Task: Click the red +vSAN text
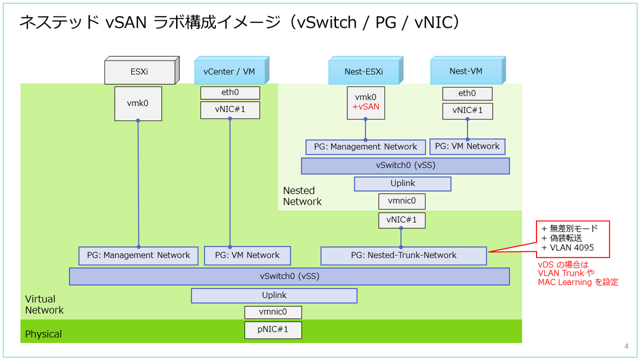[365, 107]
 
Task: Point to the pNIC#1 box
[273, 330]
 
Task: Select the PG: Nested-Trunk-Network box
[403, 255]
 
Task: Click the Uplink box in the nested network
[403, 183]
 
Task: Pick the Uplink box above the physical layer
[274, 295]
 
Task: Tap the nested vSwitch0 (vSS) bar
[405, 165]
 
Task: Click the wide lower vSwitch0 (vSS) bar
[289, 276]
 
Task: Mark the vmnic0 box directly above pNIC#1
[273, 312]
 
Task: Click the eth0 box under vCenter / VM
[230, 93]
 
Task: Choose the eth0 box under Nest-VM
[467, 93]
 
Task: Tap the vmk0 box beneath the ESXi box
[138, 103]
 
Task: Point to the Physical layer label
[44, 334]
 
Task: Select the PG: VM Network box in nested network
[467, 146]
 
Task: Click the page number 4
[626, 346]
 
